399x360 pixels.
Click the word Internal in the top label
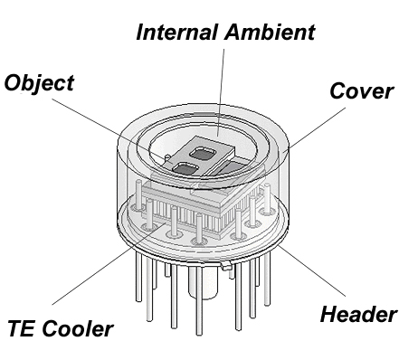tap(177, 32)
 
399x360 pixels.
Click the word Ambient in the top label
tap(270, 32)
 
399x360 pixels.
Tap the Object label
tap(39, 84)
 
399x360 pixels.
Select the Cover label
tap(362, 90)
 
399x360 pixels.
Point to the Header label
tap(358, 314)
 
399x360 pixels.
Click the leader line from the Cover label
tap(316, 128)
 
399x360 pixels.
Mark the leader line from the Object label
tap(111, 130)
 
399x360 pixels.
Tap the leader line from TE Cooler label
tap(109, 264)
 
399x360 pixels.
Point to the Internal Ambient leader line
tap(221, 92)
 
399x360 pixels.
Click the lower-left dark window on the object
tap(185, 169)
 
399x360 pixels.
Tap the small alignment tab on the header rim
tap(227, 265)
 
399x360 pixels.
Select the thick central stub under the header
tap(203, 282)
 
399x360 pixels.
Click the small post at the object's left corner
tap(166, 157)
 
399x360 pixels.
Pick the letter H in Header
tap(329, 314)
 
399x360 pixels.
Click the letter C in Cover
tap(337, 90)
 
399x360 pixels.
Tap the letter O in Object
tap(13, 83)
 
